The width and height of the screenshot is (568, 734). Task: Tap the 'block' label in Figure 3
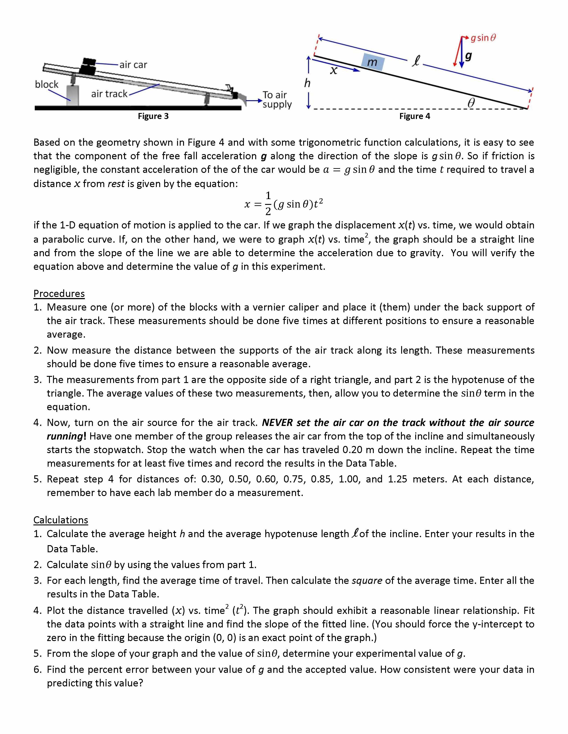click(47, 84)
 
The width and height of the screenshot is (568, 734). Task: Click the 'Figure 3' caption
click(153, 116)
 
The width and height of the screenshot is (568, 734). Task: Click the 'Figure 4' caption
click(415, 116)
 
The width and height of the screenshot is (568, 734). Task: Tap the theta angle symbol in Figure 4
click(471, 103)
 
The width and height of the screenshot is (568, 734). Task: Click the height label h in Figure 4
click(307, 83)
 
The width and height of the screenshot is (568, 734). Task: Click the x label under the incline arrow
click(333, 70)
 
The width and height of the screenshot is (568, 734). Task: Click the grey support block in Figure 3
click(73, 95)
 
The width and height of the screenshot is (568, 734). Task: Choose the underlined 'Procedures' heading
click(59, 293)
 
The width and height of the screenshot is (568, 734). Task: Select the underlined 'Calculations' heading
click(61, 520)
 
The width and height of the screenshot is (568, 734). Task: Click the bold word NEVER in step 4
click(277, 422)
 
